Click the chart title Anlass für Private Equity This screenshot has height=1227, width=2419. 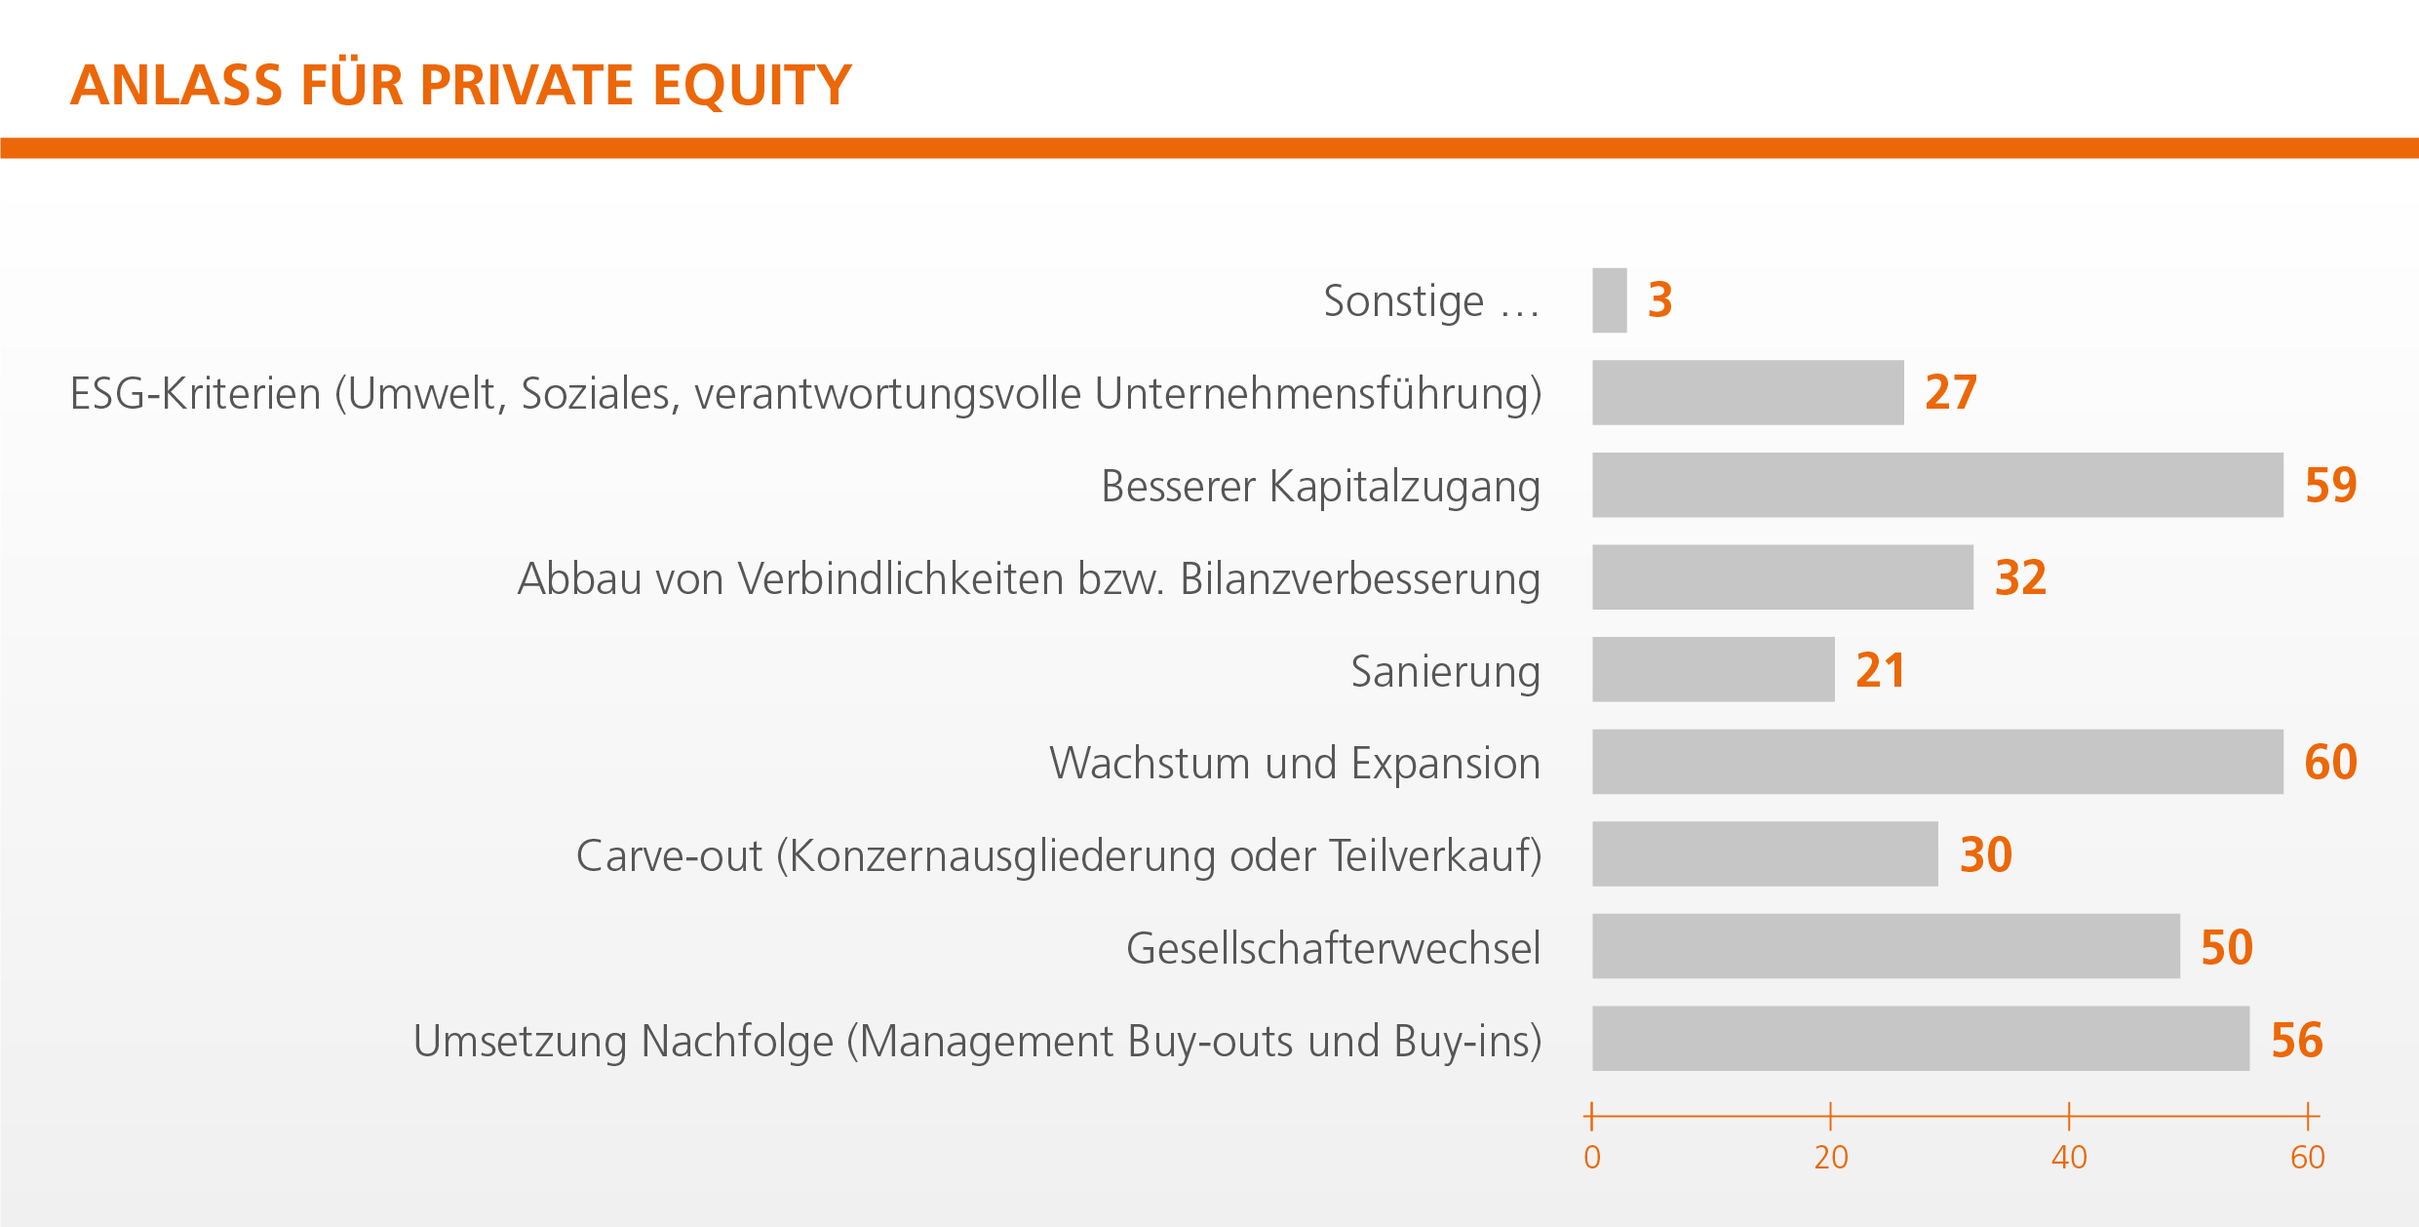click(461, 85)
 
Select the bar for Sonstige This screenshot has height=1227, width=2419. click(1610, 300)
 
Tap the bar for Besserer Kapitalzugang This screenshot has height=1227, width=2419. click(1938, 485)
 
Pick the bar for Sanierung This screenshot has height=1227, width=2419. click(1714, 669)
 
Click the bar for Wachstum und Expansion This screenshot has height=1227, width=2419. click(1938, 762)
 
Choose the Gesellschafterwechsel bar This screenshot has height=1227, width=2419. click(1887, 946)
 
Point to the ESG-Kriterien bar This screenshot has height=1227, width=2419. click(1748, 392)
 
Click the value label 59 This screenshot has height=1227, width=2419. click(2331, 485)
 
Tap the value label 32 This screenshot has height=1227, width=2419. click(2021, 577)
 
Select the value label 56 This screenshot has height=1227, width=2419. click(2297, 1040)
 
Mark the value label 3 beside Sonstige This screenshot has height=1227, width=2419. click(1660, 299)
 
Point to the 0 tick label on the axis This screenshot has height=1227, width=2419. click(1592, 1158)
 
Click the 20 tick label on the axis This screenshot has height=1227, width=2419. click(1831, 1158)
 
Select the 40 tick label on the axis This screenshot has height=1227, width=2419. click(2069, 1158)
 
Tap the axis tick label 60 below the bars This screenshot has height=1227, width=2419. click(2308, 1158)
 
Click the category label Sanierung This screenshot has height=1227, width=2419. click(1446, 672)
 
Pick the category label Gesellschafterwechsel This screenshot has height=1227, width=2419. click(1334, 948)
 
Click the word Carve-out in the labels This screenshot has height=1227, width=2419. click(670, 856)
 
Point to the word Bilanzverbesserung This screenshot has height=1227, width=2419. click(1360, 579)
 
